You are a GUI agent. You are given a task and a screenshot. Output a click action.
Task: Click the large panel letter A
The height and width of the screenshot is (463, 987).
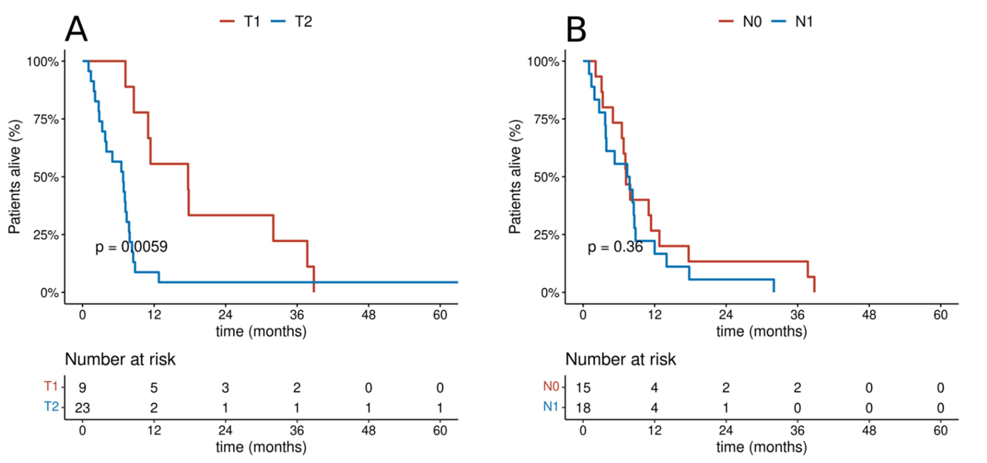coord(76,29)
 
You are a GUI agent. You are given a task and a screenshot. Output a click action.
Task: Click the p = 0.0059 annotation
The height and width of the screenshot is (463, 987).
coord(131,247)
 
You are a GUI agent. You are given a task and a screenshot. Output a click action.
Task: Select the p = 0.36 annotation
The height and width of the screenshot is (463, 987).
coord(615,247)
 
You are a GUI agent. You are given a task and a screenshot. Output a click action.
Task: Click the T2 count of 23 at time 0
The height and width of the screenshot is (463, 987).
coord(82,408)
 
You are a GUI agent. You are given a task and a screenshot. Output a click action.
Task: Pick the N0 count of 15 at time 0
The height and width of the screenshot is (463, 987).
coord(583,388)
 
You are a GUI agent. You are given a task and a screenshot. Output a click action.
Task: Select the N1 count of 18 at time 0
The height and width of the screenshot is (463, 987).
coord(583,408)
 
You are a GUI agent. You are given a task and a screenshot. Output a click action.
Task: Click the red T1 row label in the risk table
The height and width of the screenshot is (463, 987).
coord(51,386)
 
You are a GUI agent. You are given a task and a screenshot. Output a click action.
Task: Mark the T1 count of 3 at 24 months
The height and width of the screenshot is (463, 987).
coord(225,388)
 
